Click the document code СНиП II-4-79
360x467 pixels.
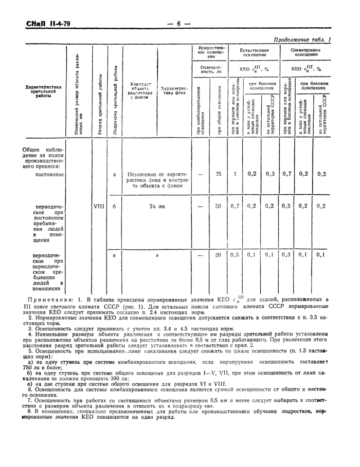(34, 24)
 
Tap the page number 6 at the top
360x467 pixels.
(178, 24)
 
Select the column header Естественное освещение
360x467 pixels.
(255, 52)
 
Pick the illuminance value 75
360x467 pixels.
(218, 174)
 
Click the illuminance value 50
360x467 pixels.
(218, 206)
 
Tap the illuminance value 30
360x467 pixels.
(218, 254)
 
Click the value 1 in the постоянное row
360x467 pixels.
(235, 174)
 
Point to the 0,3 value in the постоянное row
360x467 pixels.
(270, 174)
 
